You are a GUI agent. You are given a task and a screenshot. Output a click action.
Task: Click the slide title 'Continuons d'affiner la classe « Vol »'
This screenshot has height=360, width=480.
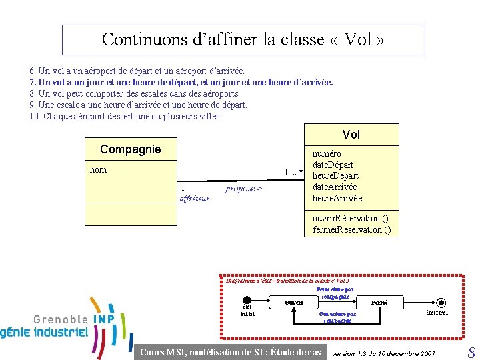[243, 39]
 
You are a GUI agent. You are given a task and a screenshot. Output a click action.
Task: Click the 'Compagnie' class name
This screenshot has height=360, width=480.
[130, 149]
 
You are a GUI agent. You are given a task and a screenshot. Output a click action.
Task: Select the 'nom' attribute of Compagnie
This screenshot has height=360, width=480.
[98, 170]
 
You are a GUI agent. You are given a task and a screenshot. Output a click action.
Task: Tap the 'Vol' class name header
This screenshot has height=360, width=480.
[351, 135]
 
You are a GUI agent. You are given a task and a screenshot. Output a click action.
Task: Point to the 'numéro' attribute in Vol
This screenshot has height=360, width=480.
[327, 153]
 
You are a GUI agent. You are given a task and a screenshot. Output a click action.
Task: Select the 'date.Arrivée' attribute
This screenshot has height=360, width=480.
[335, 187]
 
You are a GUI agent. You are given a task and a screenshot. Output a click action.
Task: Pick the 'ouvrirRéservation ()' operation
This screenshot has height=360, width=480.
[351, 219]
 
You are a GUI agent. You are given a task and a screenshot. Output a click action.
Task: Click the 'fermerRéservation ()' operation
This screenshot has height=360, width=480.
[351, 230]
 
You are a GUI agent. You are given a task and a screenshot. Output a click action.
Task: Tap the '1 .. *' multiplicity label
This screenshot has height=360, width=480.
[293, 173]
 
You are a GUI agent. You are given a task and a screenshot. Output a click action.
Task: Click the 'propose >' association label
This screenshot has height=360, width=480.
[243, 189]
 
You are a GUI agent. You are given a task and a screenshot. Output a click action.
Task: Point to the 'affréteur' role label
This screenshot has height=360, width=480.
[195, 199]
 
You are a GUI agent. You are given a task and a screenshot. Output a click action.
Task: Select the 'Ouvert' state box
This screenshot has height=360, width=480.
[294, 303]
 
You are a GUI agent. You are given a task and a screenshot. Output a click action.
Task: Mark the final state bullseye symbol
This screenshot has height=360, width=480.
[441, 302]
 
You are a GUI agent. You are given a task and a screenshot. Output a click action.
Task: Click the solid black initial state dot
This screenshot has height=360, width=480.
[247, 302]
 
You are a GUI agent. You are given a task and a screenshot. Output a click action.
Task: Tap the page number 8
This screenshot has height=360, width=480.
[471, 352]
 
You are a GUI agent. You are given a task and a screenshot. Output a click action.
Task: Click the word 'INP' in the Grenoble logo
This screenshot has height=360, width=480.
[103, 319]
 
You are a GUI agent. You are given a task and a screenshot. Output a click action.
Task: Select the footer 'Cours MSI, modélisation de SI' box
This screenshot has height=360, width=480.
[230, 352]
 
